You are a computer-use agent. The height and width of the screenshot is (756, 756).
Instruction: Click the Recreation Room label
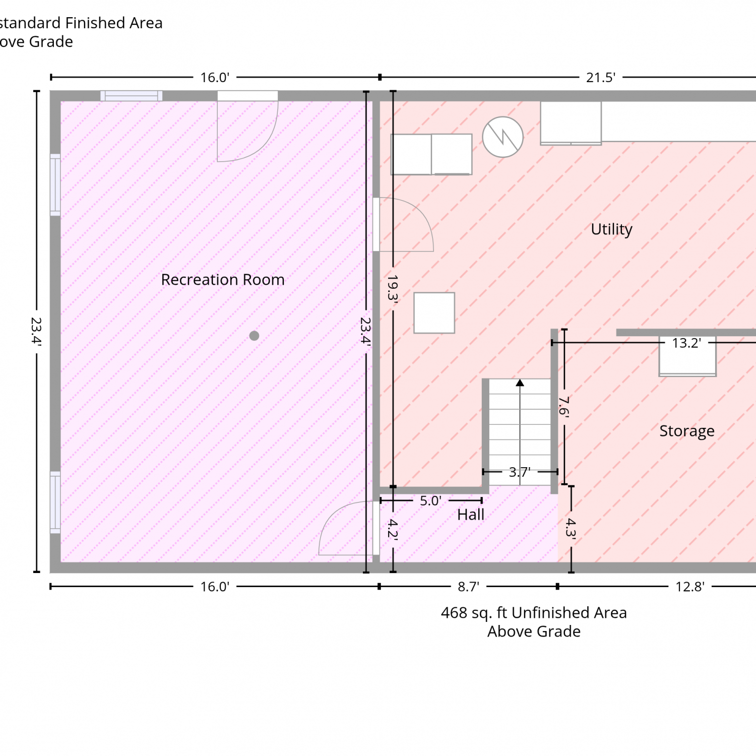223,280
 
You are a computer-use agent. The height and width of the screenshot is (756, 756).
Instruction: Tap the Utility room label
611,230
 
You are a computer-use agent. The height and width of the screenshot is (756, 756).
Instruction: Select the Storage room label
687,431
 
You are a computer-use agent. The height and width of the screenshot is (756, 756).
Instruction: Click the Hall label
471,515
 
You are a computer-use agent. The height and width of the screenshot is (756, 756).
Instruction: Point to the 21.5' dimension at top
601,78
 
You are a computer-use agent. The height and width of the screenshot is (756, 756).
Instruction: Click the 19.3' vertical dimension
393,288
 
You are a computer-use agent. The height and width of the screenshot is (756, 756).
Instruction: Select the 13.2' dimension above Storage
686,343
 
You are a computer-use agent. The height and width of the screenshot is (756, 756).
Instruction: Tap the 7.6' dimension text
564,406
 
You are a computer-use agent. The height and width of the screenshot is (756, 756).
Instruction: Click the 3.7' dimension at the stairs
520,472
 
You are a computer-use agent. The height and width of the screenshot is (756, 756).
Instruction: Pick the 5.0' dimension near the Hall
431,501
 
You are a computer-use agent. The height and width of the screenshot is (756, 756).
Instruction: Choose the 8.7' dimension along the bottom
468,587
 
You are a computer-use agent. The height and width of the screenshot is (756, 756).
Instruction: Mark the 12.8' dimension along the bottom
690,587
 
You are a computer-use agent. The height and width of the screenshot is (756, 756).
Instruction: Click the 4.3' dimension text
571,528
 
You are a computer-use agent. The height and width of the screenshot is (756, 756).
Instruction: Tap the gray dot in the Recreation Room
254,336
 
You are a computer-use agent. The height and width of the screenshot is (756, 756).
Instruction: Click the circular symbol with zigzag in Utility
503,137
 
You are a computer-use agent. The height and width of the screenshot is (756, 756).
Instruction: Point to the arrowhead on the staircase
520,383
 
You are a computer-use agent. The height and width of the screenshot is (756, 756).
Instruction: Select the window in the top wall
131,96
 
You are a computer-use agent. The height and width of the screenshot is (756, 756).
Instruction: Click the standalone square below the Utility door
434,313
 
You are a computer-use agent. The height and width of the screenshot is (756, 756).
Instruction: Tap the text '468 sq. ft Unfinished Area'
534,613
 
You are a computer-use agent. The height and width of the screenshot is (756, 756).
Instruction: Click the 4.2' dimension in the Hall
393,530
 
